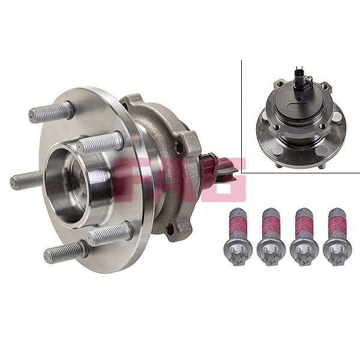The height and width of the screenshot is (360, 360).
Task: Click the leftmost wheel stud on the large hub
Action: point(26,179)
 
